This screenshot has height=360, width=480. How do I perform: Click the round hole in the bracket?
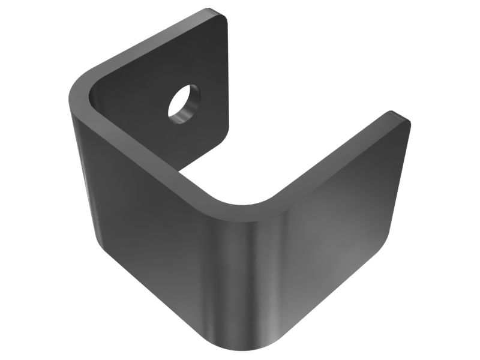183,103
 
